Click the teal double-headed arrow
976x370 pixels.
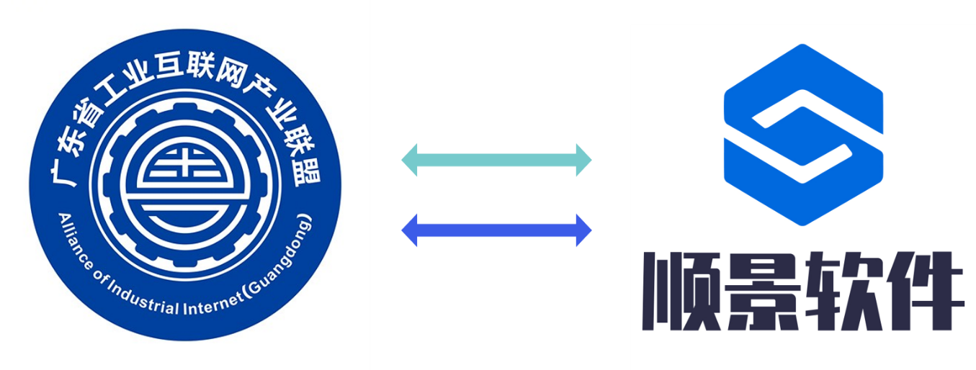pyautogui.click(x=496, y=160)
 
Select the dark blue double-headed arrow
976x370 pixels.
pyautogui.click(x=496, y=230)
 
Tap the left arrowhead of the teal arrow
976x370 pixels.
pyautogui.click(x=410, y=160)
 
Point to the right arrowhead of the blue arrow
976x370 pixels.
pyautogui.click(x=583, y=230)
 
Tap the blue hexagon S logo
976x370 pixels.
pyautogui.click(x=802, y=135)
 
